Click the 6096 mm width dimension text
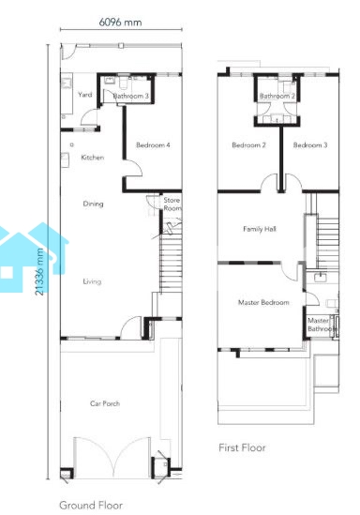(120, 23)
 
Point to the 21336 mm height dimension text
(39, 272)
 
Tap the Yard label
(85, 95)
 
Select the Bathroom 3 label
(130, 96)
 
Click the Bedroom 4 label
(153, 144)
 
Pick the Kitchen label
(93, 158)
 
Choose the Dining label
(93, 204)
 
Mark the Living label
(92, 281)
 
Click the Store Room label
(172, 204)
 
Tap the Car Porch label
(105, 403)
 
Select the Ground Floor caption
(91, 505)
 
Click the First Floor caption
(242, 447)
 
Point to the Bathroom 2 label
(277, 96)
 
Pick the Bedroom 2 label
(248, 144)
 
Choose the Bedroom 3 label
(310, 144)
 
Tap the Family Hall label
(260, 229)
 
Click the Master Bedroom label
(263, 302)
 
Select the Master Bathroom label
(322, 325)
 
